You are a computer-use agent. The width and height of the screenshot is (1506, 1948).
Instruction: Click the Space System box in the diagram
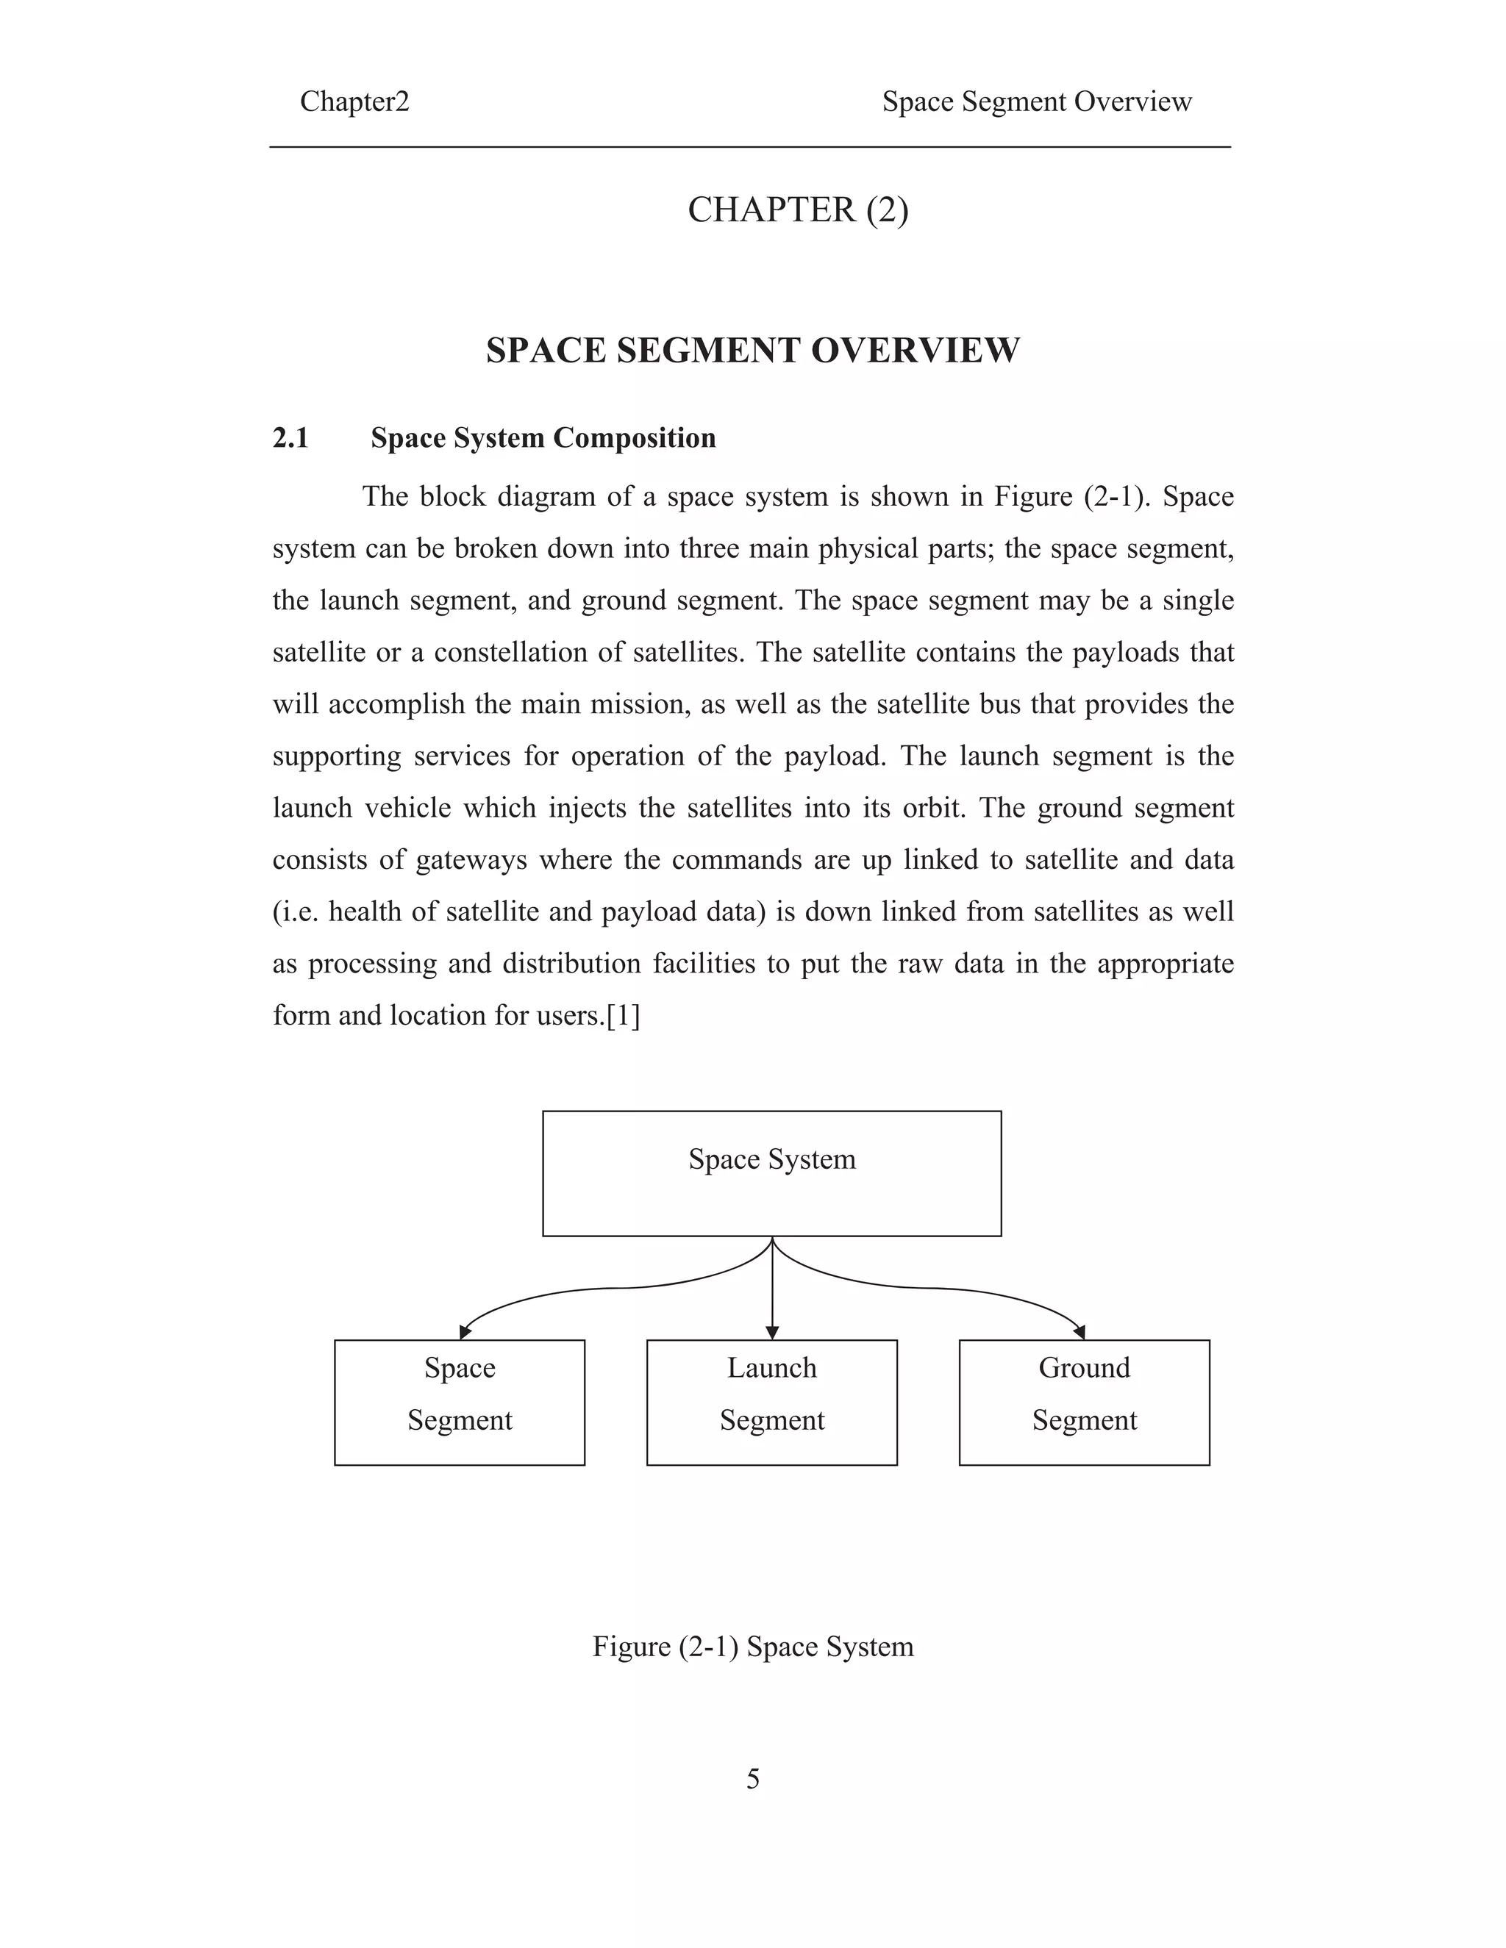(x=771, y=1173)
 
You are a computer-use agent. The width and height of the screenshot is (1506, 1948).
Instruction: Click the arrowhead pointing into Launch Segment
(x=773, y=1333)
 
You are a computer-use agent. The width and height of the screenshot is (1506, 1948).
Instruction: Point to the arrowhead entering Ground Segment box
(x=1079, y=1332)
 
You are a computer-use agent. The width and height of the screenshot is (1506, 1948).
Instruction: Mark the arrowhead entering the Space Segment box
(x=465, y=1332)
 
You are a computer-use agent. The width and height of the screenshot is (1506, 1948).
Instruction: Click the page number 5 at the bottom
(x=753, y=1780)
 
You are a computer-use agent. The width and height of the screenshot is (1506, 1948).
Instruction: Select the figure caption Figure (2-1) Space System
(x=753, y=1647)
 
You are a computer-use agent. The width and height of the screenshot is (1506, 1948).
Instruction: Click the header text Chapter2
(x=354, y=101)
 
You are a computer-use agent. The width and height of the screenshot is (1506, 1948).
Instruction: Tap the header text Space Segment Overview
(x=1037, y=101)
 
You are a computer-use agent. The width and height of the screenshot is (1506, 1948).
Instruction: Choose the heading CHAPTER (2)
(x=798, y=210)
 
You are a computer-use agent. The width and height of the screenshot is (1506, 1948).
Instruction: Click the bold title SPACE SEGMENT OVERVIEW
(x=752, y=351)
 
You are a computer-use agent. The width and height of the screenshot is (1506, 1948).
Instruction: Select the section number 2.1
(x=291, y=438)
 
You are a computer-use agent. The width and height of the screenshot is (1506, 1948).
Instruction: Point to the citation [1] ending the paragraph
(x=623, y=1016)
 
